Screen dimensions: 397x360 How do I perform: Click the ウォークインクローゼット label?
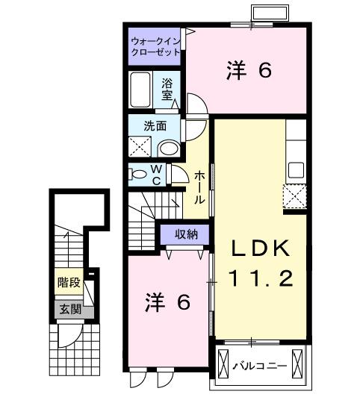coord(155,46)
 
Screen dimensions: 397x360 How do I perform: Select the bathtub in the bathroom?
coord(141,91)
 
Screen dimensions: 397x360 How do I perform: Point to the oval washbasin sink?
coord(170,146)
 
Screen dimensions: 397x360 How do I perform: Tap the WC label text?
coord(157,174)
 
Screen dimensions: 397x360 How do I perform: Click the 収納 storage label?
coord(181,234)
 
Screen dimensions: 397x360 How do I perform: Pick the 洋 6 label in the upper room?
coord(247,71)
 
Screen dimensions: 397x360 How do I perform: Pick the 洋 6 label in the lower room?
coord(167,302)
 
